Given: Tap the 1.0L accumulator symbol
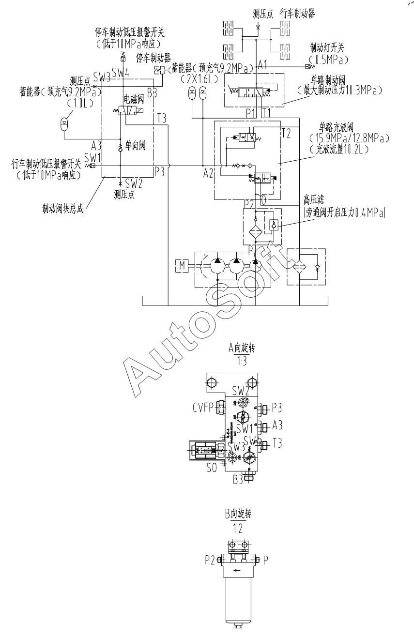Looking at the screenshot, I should (64, 122).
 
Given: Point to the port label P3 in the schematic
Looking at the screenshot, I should (160, 170).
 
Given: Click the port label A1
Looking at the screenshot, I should (263, 64).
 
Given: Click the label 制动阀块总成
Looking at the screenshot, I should (63, 210).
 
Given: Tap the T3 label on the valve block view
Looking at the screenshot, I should (277, 443).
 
